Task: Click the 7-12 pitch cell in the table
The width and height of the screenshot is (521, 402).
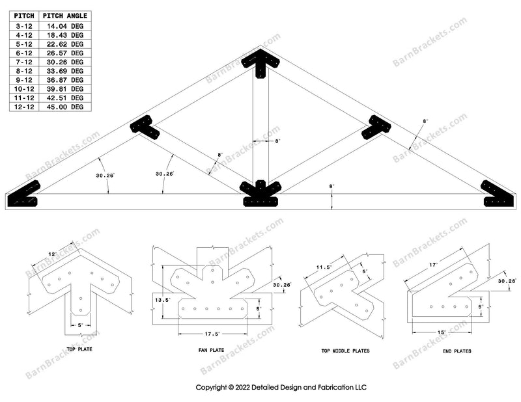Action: coord(23,62)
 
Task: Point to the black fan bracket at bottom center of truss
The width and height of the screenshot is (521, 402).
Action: coord(260,194)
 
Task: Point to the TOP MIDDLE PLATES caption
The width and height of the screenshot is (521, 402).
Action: coord(345,351)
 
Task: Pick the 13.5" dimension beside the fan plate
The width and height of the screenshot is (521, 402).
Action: coord(162,299)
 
